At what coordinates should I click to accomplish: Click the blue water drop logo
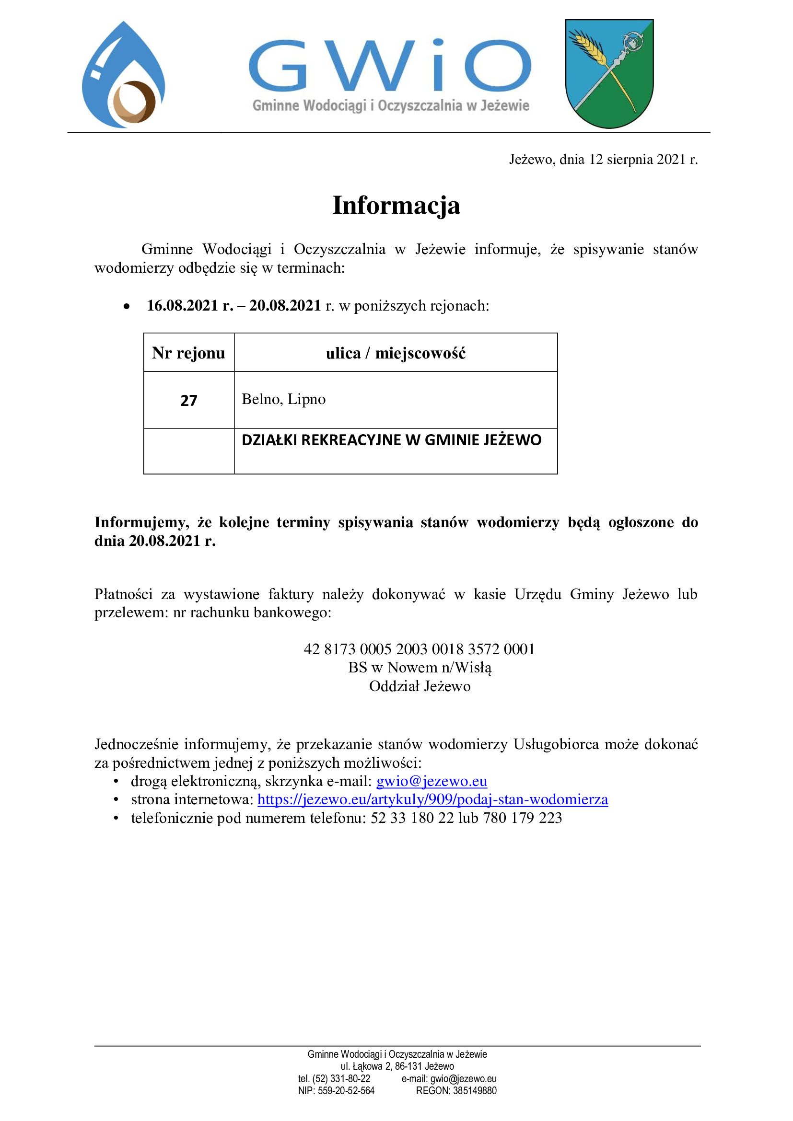(x=123, y=76)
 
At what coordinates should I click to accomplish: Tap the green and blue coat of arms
(x=609, y=73)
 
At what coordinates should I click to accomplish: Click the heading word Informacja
(x=396, y=205)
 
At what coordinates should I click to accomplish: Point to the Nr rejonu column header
(x=188, y=353)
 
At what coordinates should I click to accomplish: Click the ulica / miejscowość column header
(x=396, y=353)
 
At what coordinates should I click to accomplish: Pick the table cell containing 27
(x=188, y=400)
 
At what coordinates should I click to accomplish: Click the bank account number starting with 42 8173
(x=419, y=649)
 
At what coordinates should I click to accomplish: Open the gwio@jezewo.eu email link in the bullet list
(x=431, y=781)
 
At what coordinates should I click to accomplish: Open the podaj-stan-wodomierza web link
(x=432, y=799)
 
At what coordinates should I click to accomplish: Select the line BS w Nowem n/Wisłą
(x=420, y=668)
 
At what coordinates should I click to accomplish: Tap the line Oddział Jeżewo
(x=420, y=686)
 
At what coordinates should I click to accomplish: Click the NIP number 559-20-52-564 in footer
(x=346, y=1091)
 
